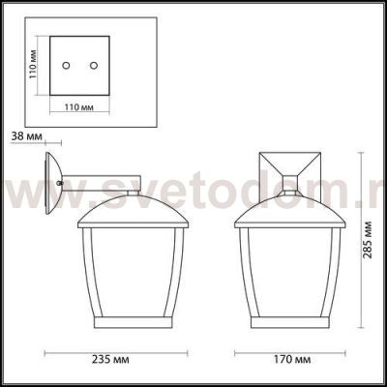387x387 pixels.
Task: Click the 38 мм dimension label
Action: pyautogui.click(x=24, y=136)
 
